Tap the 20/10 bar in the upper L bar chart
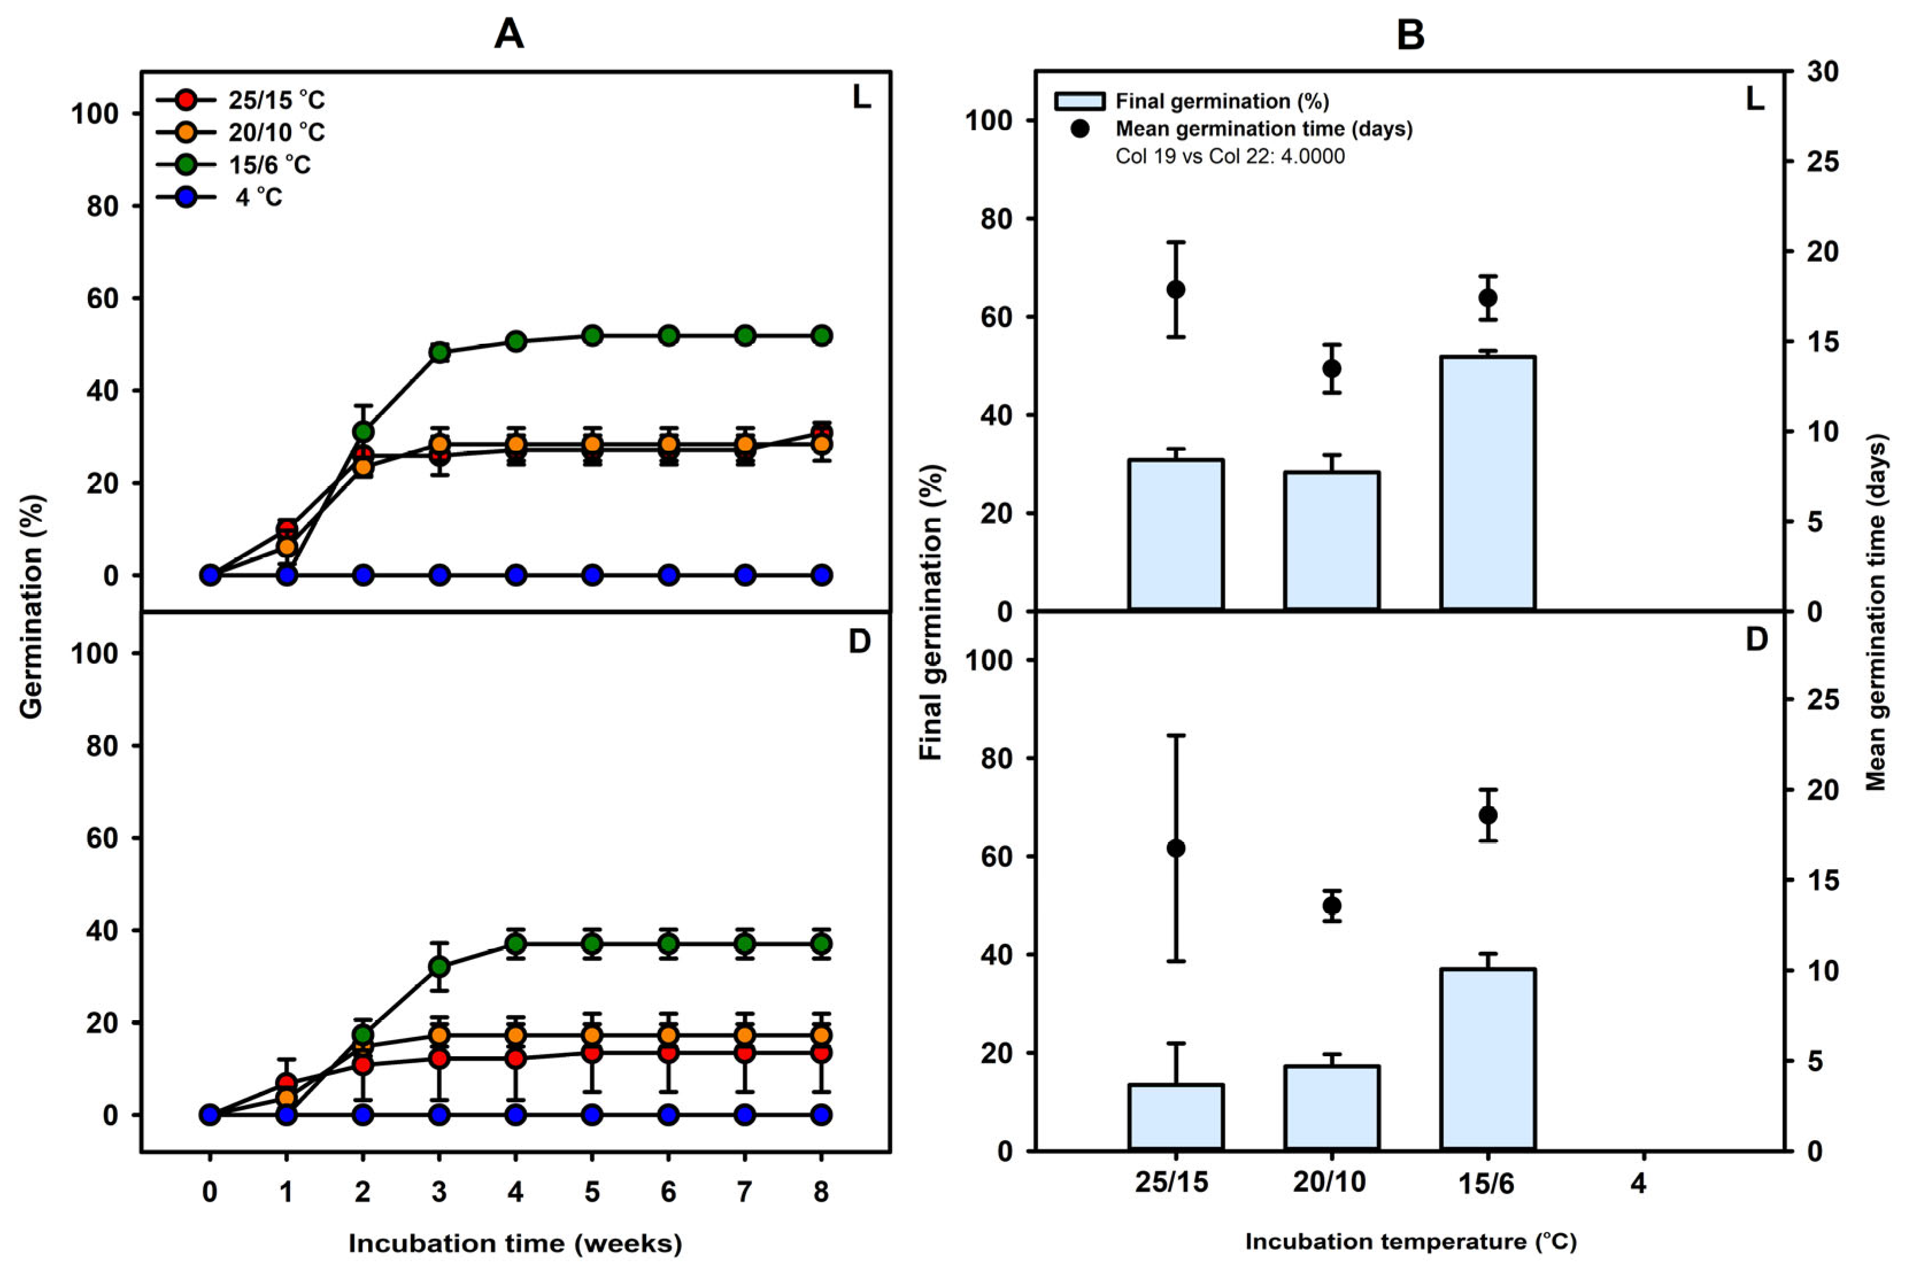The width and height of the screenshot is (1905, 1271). point(1331,540)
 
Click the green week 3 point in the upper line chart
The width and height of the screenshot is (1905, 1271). point(439,352)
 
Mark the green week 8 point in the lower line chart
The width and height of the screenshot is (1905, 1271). point(821,944)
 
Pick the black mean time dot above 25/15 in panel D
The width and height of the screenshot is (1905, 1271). point(1176,848)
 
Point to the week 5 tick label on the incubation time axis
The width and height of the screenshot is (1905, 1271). point(592,1192)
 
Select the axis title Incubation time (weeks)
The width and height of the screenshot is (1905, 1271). point(515,1243)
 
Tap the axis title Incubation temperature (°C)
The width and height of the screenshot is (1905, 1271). point(1410,1242)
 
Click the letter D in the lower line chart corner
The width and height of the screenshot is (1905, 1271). point(859,642)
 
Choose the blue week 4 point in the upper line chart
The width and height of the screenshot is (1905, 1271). point(516,576)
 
